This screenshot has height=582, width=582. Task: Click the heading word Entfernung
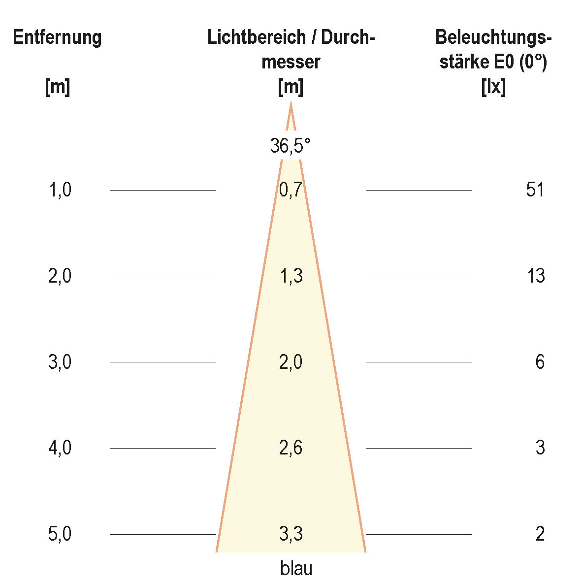(x=57, y=37)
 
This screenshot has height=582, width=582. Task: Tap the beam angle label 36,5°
(x=291, y=146)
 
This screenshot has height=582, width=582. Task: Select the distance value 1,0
(x=60, y=190)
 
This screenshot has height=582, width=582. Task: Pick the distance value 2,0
(x=60, y=276)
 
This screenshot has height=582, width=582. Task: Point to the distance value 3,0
(x=60, y=362)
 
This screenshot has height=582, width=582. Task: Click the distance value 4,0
(x=60, y=448)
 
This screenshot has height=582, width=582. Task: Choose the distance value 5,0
(x=60, y=534)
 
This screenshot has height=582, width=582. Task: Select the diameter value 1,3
(x=291, y=276)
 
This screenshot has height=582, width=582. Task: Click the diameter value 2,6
(x=291, y=448)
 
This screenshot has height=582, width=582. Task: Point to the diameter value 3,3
(x=291, y=534)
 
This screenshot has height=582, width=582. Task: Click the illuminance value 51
(x=535, y=190)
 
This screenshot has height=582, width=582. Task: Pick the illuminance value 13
(x=536, y=276)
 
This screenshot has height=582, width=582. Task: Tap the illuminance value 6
(x=540, y=362)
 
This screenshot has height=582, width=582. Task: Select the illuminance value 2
(x=540, y=534)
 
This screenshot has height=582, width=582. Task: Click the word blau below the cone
(x=296, y=569)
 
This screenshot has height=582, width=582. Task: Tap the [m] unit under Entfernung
(x=57, y=88)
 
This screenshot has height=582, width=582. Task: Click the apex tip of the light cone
(x=291, y=103)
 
